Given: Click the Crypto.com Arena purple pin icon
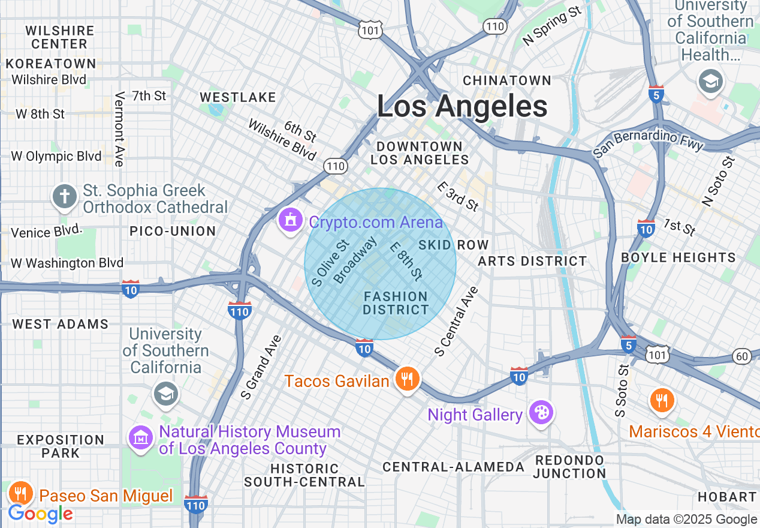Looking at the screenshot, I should [x=291, y=221].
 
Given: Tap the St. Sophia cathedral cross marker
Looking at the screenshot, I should [x=65, y=196].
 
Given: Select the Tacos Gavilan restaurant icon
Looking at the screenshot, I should [x=408, y=379].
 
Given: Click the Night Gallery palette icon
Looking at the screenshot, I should [x=541, y=413].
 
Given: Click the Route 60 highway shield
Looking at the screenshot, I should [x=742, y=356].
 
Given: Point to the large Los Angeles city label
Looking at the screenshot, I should [x=462, y=107].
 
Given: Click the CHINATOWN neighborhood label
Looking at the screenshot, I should [x=507, y=80].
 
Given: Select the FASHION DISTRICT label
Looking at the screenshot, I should [x=396, y=303].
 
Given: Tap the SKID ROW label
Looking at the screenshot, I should [x=454, y=245].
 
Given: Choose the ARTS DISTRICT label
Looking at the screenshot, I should [x=532, y=261].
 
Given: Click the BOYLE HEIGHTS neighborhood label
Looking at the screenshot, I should [x=678, y=257].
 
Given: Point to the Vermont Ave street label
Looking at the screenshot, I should [x=119, y=129].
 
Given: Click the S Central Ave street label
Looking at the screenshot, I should [x=457, y=321].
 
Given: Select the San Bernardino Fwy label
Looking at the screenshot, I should [x=648, y=143].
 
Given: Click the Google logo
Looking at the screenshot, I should [x=40, y=514].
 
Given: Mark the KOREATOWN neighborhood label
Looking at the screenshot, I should [x=51, y=64].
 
